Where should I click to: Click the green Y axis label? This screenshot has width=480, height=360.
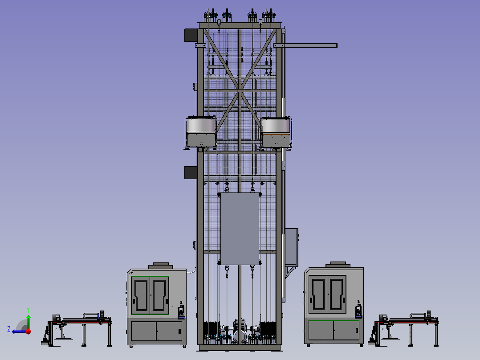[x=28, y=310]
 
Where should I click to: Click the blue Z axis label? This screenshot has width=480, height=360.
[x=9, y=329]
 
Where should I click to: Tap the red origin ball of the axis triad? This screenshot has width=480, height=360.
[x=28, y=331]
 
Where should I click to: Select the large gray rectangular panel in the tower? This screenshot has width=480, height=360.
[x=240, y=229]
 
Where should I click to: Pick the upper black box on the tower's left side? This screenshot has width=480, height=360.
[x=191, y=35]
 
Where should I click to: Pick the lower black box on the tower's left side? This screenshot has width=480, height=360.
[x=191, y=172]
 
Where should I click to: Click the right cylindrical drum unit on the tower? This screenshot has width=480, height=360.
[x=276, y=132]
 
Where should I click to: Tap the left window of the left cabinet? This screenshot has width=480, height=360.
[x=141, y=295]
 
